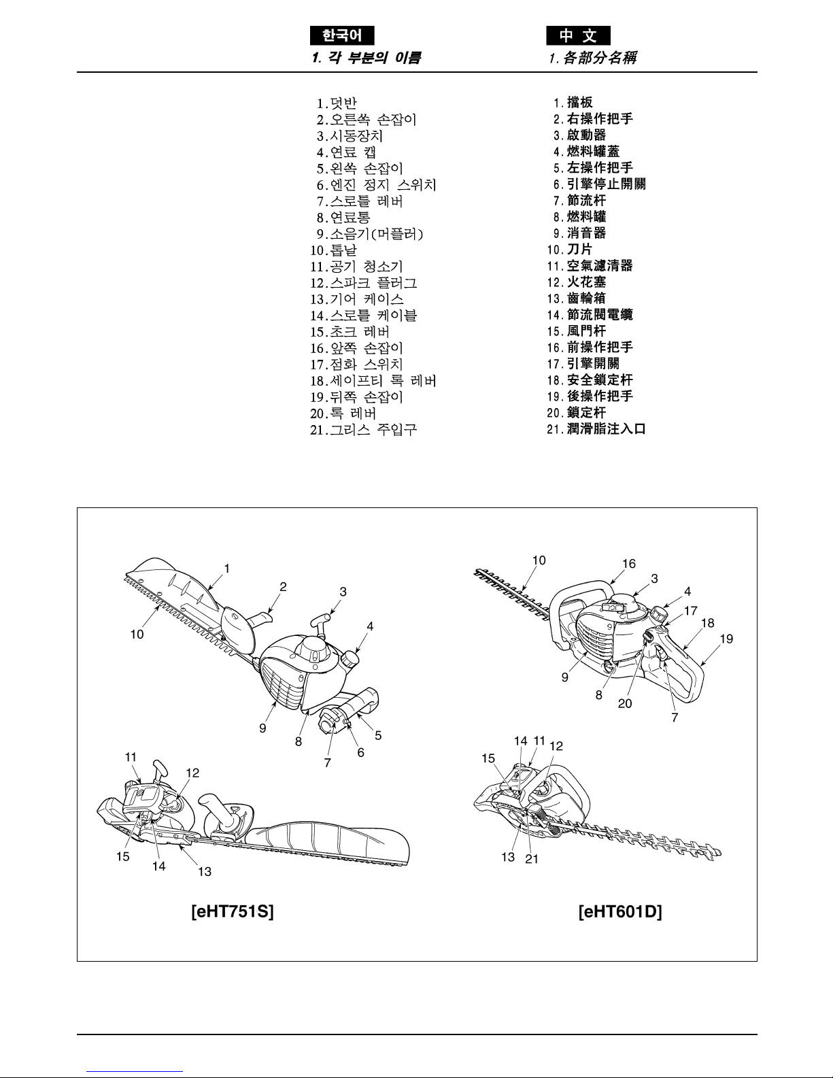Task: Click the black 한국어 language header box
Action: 342,35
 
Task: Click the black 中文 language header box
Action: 578,35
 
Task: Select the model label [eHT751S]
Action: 233,911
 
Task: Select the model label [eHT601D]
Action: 620,911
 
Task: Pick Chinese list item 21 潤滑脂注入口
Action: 596,429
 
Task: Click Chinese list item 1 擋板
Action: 573,102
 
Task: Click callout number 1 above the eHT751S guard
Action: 226,568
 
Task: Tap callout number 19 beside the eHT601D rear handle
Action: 726,639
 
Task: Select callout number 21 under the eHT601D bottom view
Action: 532,859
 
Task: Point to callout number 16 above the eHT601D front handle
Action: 629,563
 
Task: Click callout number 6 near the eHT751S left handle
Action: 360,752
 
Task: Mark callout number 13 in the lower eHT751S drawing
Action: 205,871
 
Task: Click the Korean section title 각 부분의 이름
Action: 366,58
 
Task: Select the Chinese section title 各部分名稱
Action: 593,58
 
